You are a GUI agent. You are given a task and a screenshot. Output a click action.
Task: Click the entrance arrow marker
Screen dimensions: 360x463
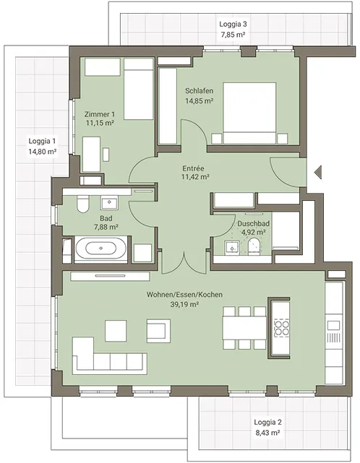click(x=318, y=172)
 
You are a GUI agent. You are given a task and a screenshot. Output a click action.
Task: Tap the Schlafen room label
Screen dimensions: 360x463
click(x=200, y=91)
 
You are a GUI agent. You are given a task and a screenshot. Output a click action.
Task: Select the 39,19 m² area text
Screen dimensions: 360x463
click(x=184, y=304)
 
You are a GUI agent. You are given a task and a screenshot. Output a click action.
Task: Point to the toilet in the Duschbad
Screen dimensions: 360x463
click(x=254, y=246)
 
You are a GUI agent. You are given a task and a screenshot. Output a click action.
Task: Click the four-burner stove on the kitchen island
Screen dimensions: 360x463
click(x=281, y=327)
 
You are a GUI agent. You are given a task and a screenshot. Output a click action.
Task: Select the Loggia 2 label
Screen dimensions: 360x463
click(x=267, y=423)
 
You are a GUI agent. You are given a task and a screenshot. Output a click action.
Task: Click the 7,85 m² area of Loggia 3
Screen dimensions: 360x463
click(x=233, y=35)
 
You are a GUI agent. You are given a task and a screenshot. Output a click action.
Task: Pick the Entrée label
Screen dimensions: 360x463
click(x=193, y=168)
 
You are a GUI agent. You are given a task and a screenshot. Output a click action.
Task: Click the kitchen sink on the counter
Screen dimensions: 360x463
click(x=334, y=325)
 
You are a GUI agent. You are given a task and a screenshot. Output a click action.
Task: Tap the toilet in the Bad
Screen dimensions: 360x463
click(x=82, y=204)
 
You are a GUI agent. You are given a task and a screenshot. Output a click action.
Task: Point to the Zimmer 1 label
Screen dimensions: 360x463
click(x=100, y=114)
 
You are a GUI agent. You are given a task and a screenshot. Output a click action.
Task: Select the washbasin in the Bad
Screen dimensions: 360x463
click(x=109, y=202)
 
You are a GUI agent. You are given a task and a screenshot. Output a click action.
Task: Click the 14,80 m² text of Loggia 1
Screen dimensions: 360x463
click(x=43, y=152)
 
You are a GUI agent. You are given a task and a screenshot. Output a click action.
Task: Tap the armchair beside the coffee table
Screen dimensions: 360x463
click(x=158, y=331)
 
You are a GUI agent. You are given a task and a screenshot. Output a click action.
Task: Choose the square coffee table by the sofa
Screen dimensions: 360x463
click(x=116, y=331)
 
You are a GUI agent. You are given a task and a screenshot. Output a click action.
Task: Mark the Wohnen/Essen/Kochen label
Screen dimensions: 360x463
click(x=184, y=295)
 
